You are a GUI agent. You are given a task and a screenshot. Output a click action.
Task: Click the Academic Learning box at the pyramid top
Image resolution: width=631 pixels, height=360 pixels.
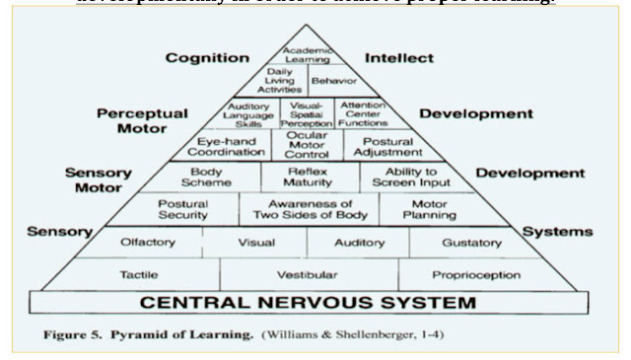tap(307, 51)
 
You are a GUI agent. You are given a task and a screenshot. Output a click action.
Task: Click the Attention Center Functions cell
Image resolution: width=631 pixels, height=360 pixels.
tap(362, 113)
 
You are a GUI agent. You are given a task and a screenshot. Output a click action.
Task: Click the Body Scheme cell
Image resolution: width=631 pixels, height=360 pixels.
tap(212, 178)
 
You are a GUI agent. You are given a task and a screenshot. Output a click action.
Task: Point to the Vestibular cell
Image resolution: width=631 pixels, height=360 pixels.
tap(308, 274)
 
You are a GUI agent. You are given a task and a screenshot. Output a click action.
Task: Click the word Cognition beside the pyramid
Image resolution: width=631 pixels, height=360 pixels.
tap(206, 58)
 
